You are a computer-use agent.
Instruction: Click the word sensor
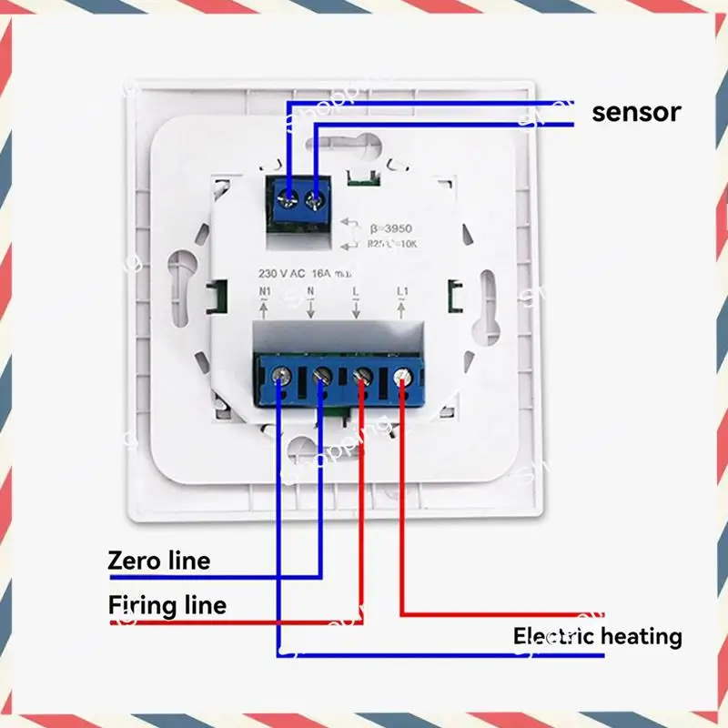click(x=635, y=112)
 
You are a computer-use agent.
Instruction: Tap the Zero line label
click(x=158, y=560)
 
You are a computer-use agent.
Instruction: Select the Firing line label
click(x=167, y=604)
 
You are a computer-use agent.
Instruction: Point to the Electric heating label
click(x=597, y=636)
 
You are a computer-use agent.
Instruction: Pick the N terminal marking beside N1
click(x=309, y=292)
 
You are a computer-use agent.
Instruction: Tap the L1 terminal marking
click(x=402, y=292)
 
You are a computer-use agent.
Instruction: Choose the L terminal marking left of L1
click(x=355, y=292)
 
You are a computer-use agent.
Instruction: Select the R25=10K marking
click(x=391, y=243)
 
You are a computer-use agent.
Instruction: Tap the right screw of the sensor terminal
click(x=317, y=197)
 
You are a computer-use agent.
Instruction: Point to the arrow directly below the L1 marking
click(x=401, y=311)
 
